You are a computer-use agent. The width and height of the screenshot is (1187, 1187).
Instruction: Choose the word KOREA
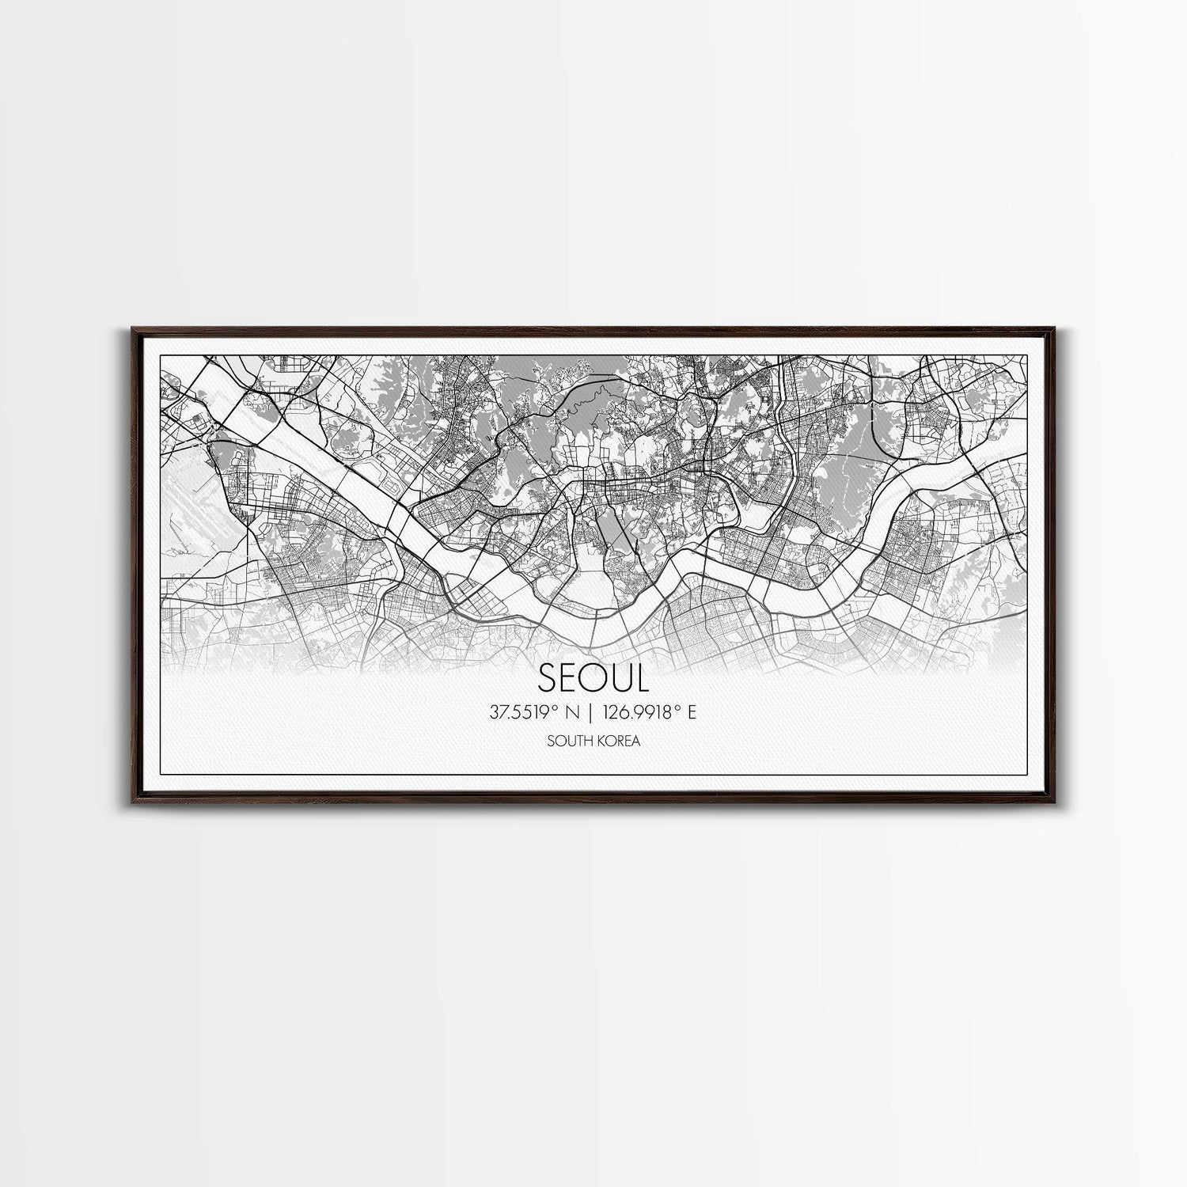pyautogui.click(x=618, y=741)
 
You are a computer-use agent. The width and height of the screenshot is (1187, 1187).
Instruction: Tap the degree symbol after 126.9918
pyautogui.click(x=676, y=709)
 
